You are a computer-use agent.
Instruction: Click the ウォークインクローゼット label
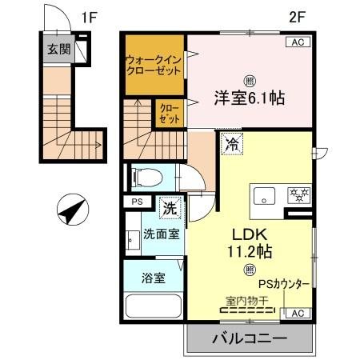[x=152, y=64]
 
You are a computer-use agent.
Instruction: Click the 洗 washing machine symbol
[x=170, y=206]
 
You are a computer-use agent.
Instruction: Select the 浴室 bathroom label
[x=154, y=279]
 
